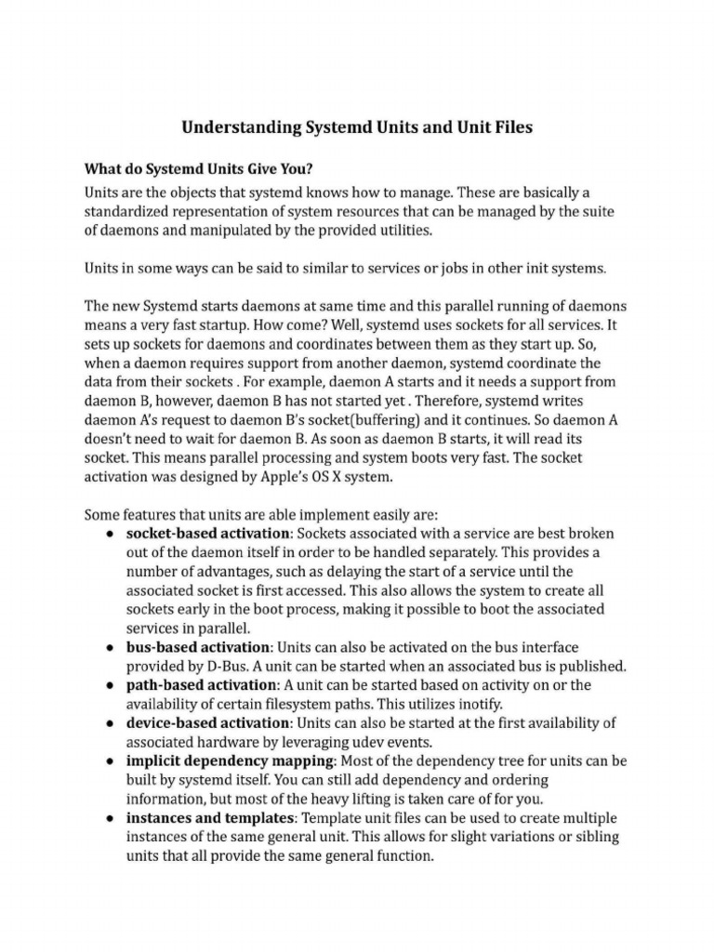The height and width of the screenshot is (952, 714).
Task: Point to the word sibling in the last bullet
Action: (590, 837)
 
